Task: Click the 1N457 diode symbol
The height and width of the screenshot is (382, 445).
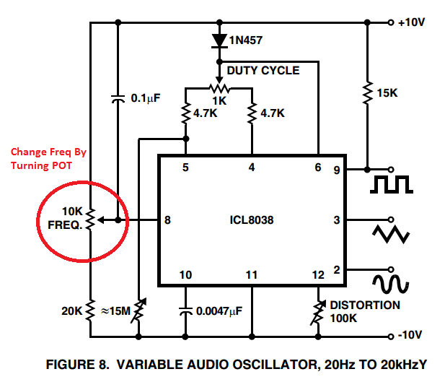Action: (219, 40)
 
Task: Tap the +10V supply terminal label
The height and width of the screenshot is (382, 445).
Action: (412, 22)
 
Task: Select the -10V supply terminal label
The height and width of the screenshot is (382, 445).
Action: (410, 335)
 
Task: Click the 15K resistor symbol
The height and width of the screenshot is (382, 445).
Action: (368, 93)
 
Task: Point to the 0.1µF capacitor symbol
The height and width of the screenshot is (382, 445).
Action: (118, 99)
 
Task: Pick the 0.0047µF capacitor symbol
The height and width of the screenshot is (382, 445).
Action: (185, 311)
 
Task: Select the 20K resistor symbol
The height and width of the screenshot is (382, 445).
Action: (90, 311)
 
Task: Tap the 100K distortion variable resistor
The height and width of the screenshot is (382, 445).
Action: (318, 313)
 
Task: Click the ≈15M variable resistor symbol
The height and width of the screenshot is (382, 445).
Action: (138, 311)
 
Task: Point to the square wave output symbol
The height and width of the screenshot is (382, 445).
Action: (392, 184)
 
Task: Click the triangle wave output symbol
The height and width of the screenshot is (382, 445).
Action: (391, 234)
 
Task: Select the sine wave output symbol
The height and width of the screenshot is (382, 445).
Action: (391, 284)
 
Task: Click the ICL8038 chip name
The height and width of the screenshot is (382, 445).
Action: (252, 220)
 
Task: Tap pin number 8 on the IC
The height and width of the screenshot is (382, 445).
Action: (167, 220)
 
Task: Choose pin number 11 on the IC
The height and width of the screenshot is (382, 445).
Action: (252, 275)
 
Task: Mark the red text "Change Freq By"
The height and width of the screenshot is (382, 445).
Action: (48, 152)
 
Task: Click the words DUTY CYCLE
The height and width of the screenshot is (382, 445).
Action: (263, 71)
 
